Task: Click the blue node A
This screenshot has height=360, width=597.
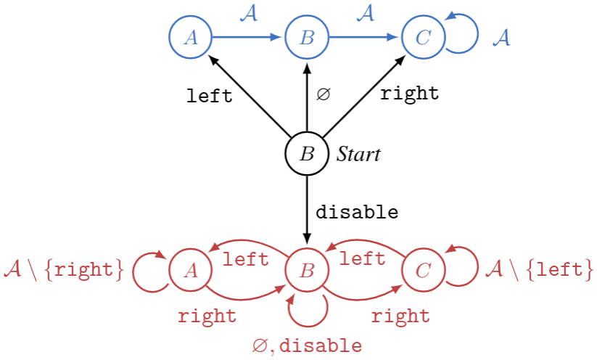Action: [x=190, y=37]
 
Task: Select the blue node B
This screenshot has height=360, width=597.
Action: [x=307, y=37]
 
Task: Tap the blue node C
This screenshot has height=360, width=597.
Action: [x=423, y=37]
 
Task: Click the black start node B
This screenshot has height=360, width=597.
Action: [x=307, y=154]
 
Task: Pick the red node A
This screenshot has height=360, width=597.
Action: [x=190, y=271]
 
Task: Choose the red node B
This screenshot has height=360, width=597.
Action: [x=307, y=271]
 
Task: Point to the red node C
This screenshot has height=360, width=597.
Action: [x=423, y=271]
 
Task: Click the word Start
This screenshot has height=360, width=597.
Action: [x=358, y=154]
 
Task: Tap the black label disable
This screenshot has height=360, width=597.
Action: [x=357, y=213]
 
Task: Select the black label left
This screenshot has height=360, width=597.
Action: [x=209, y=96]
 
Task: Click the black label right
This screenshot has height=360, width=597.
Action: [x=410, y=94]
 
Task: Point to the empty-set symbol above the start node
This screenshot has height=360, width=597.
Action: [x=323, y=95]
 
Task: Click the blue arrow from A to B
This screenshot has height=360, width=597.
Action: [x=247, y=37]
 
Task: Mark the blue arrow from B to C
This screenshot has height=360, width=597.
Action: [x=364, y=37]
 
